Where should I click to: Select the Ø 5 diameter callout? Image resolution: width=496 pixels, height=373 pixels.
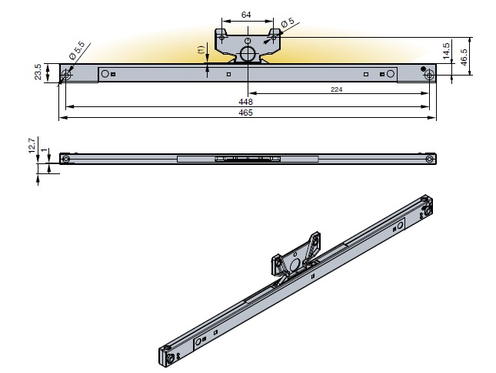[x=291, y=25]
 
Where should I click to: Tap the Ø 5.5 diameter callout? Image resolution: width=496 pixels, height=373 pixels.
[x=77, y=53]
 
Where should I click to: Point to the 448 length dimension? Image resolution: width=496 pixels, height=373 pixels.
[x=247, y=100]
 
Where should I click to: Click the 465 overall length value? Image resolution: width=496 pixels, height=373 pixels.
[x=247, y=113]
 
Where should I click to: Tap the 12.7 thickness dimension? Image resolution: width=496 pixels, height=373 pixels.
[x=32, y=145]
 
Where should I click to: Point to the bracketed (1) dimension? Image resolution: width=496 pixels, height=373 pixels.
[x=201, y=51]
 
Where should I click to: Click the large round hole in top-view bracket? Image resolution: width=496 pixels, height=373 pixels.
[x=248, y=53]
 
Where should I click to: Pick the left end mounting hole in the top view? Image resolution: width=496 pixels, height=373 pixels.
[x=67, y=74]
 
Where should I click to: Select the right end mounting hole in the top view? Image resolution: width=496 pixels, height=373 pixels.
[x=428, y=74]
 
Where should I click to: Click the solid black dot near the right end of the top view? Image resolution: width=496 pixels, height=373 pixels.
[x=423, y=69]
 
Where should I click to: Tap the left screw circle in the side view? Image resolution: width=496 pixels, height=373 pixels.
[x=66, y=160]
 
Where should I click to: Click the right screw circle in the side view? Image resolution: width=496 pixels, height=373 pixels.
[x=429, y=160]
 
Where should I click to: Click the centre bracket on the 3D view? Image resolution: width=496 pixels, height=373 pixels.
[x=296, y=258]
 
